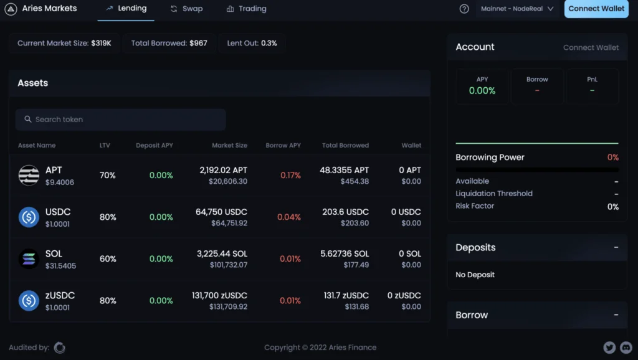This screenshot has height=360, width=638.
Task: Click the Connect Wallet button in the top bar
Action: (x=596, y=9)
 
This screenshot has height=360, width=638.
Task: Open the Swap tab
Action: (x=186, y=9)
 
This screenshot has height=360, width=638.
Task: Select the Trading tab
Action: (x=246, y=9)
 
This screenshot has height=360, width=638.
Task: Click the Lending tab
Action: (x=126, y=9)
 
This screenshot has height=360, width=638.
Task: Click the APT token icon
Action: (x=29, y=176)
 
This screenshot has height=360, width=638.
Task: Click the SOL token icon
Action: (x=29, y=258)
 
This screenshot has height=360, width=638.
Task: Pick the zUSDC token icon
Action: (x=29, y=301)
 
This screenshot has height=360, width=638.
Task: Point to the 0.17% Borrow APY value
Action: (x=290, y=176)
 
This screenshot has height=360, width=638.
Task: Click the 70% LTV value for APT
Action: (x=108, y=176)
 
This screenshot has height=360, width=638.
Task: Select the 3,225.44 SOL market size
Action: (x=222, y=253)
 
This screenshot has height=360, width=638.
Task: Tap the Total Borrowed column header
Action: (x=345, y=145)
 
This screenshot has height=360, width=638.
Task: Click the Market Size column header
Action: (x=229, y=145)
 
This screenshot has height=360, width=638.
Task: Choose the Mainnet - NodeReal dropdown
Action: (x=517, y=9)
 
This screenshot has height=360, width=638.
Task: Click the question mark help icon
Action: (x=464, y=9)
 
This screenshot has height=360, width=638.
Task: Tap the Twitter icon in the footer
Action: (x=609, y=348)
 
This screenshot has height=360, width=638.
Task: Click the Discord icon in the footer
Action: (x=626, y=348)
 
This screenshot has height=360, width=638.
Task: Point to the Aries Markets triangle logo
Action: (x=11, y=9)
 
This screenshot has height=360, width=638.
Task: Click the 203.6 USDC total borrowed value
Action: (x=345, y=212)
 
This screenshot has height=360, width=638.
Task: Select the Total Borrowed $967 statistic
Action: (x=169, y=44)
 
